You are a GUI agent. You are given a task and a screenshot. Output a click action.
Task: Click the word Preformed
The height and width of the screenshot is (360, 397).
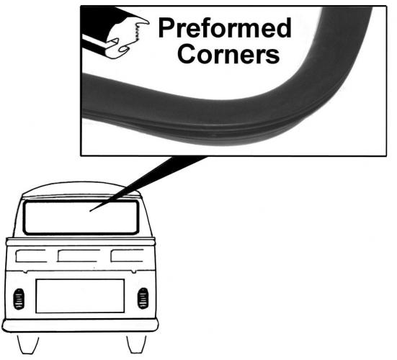click(225, 28)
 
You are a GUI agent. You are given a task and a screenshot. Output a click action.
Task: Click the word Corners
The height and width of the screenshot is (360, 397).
click(228, 54)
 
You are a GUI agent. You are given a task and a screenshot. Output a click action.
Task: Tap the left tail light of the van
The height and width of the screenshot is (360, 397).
click(19, 299)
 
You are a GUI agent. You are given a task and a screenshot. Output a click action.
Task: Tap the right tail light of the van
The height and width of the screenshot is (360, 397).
click(143, 298)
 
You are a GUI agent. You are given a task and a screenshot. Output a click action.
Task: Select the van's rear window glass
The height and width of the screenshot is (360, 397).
click(81, 217)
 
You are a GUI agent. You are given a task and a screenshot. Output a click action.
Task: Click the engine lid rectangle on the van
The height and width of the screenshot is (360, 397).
click(80, 296)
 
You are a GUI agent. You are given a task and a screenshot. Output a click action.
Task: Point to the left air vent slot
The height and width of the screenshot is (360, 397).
click(31, 256)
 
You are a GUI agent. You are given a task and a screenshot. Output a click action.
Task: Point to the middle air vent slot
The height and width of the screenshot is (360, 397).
click(79, 256)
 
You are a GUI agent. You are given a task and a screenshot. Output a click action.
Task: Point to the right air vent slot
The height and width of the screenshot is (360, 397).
click(127, 256)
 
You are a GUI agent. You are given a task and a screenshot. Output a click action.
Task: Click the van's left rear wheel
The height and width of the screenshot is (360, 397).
click(28, 345)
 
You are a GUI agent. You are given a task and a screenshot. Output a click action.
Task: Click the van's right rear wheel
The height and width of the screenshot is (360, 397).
click(136, 344)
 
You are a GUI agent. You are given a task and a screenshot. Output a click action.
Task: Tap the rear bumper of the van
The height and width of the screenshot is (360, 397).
click(80, 325)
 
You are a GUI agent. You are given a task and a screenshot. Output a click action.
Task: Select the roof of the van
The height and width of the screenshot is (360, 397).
click(81, 189)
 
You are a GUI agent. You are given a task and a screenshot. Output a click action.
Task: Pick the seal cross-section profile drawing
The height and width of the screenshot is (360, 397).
click(115, 33)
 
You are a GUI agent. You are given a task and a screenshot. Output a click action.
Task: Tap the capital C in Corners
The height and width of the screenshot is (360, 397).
click(187, 54)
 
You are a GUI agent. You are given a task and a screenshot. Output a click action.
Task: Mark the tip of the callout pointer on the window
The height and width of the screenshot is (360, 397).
click(90, 211)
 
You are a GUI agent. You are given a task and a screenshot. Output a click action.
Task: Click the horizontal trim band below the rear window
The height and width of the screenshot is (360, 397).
click(81, 242)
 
